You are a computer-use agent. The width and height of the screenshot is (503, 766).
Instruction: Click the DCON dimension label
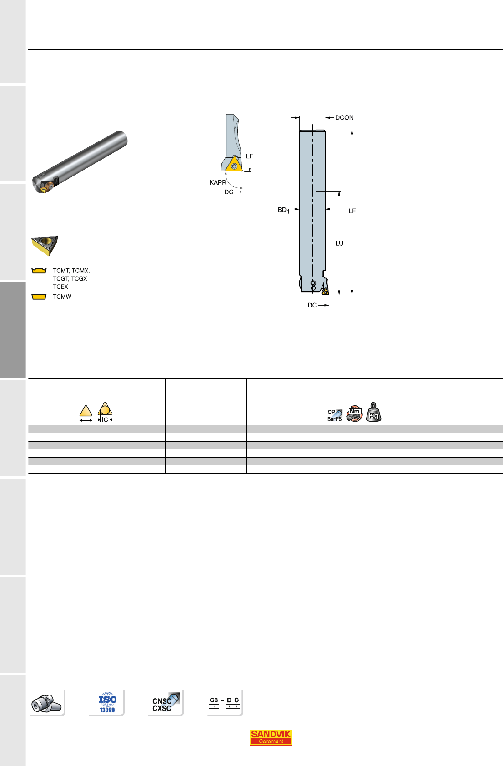coord(344,118)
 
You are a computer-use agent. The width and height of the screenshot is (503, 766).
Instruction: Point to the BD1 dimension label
coord(283,210)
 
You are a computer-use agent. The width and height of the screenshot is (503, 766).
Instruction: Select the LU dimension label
coord(339,243)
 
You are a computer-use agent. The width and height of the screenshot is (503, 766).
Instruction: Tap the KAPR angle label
coord(218,182)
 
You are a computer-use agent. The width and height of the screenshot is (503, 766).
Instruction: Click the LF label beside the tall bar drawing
coord(352,211)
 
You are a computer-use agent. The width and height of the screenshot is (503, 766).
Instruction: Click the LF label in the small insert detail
coord(250,156)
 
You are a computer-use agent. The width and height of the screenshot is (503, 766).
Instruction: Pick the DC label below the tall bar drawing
coord(312,305)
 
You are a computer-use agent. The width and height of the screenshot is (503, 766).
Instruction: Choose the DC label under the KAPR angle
coord(229,192)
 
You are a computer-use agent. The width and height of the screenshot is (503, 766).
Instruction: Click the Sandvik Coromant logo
coord(271,737)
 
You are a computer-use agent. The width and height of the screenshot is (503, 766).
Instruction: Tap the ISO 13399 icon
coord(107,702)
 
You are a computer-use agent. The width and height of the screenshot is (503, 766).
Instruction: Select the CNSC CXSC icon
coord(166,703)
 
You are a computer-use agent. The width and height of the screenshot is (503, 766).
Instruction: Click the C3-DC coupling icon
coord(224,702)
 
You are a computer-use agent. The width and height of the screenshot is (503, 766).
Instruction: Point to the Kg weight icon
coord(373,413)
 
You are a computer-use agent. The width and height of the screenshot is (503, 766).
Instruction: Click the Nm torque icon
coord(355,413)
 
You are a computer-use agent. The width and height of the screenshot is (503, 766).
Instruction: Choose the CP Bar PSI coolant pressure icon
coord(335,415)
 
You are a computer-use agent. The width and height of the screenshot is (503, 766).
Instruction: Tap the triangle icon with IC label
coord(105,413)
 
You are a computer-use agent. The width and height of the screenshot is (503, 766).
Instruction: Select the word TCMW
coord(62,297)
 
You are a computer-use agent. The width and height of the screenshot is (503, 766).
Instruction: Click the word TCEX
coord(60,287)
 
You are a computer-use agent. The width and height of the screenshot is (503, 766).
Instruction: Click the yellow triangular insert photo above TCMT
coord(45,245)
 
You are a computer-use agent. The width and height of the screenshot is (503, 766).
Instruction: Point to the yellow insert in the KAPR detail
coord(234,164)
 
